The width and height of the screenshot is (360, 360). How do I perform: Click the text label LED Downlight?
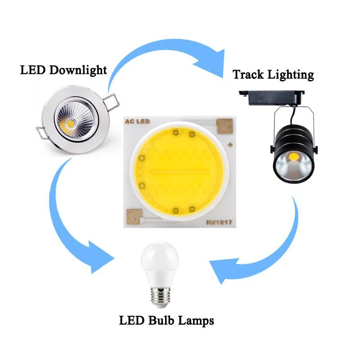coord(63,70)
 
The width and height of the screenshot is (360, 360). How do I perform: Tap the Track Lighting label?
coord(273,74)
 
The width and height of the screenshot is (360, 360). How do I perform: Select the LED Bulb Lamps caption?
coord(166,320)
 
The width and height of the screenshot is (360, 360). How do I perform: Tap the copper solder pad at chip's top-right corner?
coord(224,126)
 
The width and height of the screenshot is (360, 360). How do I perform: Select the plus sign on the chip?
coord(230,145)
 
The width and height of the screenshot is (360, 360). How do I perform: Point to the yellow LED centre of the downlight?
coord(70,122)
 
